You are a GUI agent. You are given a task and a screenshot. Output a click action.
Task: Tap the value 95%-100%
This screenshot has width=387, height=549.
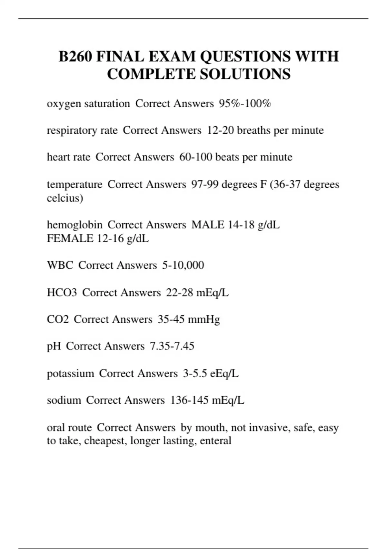pos(245,104)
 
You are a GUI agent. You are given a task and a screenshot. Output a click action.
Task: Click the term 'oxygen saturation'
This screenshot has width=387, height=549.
pos(88,104)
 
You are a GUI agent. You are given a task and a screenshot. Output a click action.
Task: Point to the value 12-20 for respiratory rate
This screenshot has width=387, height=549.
pos(220,130)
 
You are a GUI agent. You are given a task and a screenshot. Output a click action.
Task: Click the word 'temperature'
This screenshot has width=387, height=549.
pos(74,185)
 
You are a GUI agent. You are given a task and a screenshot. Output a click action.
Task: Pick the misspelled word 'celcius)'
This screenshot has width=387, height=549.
pos(65,198)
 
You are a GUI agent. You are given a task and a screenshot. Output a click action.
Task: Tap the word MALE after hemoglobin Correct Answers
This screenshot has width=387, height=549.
pos(207,225)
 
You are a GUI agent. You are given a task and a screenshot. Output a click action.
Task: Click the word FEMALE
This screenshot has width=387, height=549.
pos(70,239)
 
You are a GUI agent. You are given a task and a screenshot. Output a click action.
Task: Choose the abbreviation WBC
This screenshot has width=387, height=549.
pos(60,265)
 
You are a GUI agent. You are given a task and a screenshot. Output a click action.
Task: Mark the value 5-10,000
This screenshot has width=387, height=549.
pos(183,265)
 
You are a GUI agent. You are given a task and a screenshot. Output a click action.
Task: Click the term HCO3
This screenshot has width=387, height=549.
pos(62,293)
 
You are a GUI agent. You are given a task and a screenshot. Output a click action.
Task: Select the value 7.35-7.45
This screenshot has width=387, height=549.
pos(172,346)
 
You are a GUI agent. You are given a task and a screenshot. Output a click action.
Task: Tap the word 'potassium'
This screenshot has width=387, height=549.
pos(70,374)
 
